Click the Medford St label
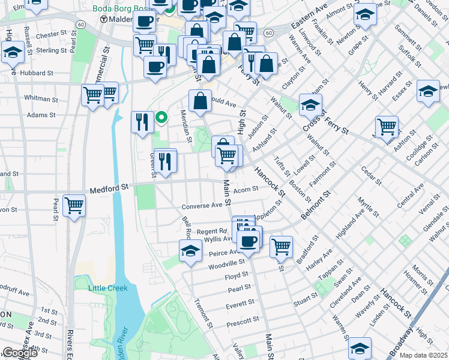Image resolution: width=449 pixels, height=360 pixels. [109, 188]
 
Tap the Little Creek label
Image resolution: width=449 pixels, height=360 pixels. [108, 288]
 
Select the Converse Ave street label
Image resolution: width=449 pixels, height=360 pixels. [202, 206]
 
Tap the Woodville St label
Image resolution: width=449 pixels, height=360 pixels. [226, 263]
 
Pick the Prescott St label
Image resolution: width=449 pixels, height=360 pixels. [243, 324]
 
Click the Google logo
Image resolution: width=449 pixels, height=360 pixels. [19, 353]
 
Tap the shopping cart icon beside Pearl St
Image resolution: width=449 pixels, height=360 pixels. [74, 205]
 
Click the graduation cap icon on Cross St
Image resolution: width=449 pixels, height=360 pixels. [310, 105]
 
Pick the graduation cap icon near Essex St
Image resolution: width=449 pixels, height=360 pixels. [427, 92]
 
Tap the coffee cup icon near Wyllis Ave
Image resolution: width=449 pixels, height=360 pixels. [247, 241]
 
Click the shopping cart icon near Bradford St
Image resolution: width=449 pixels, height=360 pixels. [281, 246]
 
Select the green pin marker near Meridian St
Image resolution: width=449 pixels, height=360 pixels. [161, 117]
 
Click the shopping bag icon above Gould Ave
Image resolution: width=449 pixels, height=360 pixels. [200, 100]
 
